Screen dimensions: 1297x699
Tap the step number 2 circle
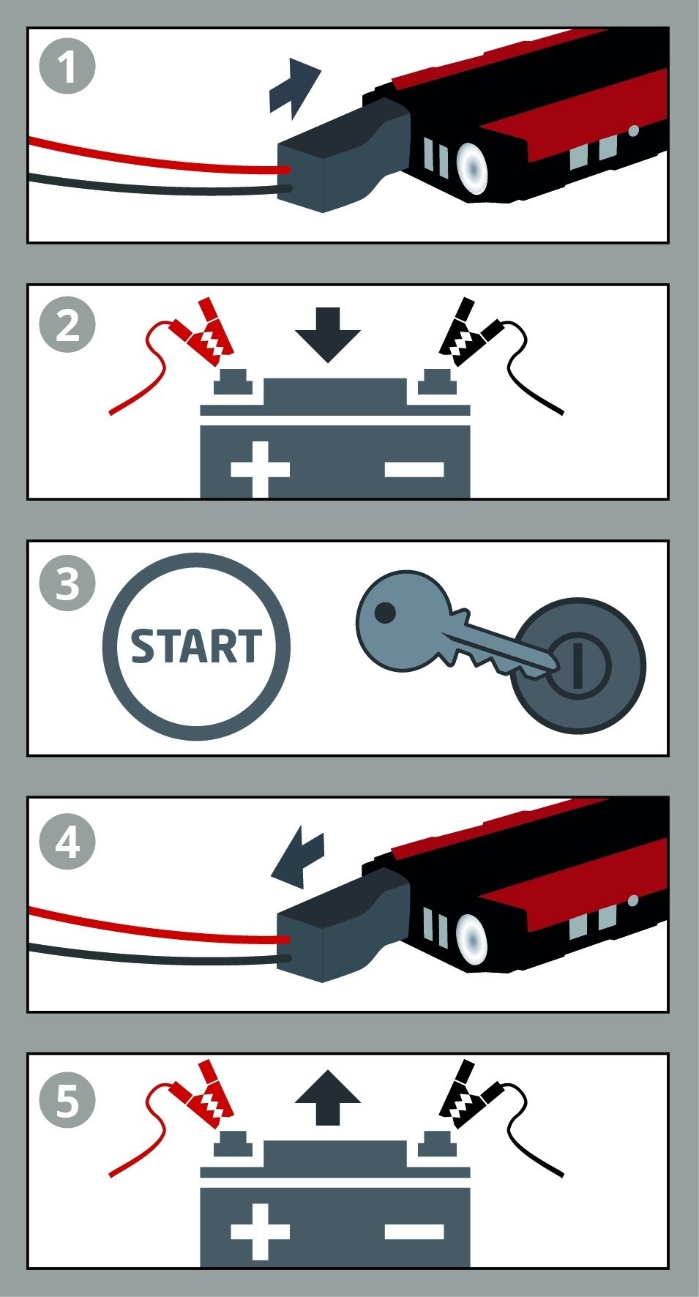click(67, 324)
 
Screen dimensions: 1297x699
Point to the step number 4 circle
click(67, 842)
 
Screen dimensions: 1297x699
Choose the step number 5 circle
click(67, 1099)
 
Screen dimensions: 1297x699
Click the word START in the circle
click(195, 646)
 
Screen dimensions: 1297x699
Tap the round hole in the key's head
click(385, 611)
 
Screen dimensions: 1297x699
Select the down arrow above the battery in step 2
click(327, 335)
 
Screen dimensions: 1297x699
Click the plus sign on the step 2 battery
click(260, 468)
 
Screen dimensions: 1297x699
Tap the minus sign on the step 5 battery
click(414, 1231)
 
